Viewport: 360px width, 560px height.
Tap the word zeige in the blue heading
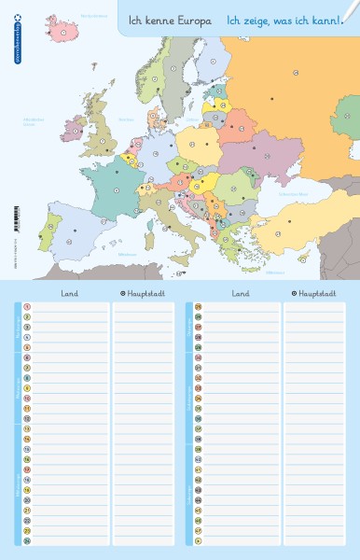(x=253, y=19)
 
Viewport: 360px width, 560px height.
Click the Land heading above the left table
(x=70, y=292)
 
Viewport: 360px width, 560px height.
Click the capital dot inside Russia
(x=272, y=97)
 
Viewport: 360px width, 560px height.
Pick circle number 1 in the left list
(x=27, y=306)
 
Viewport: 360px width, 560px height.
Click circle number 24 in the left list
(x=27, y=540)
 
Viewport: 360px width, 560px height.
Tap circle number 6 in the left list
(x=27, y=357)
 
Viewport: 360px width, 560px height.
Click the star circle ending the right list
(x=199, y=540)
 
